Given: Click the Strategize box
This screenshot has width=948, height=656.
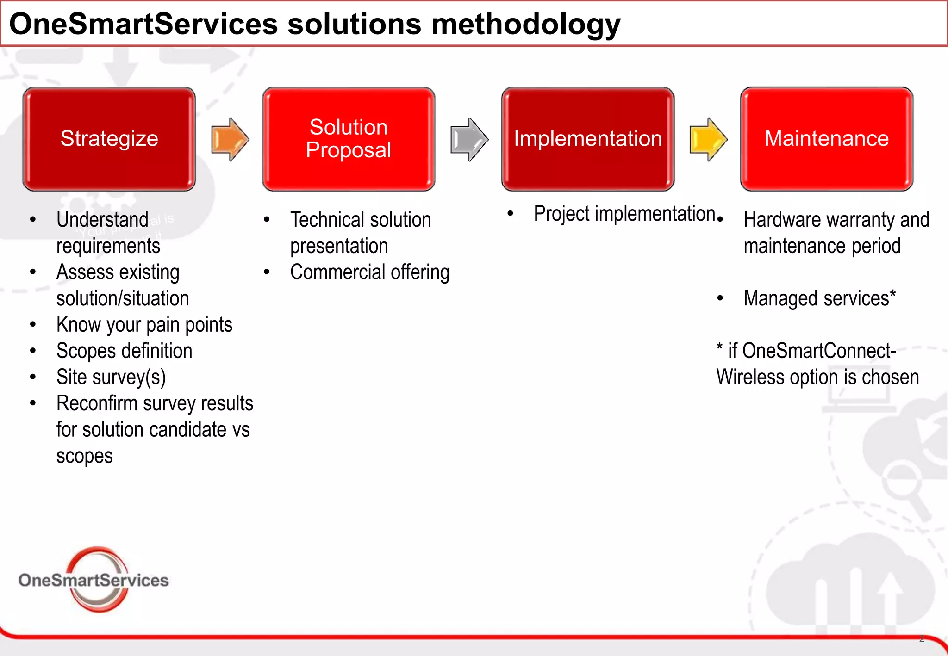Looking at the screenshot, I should click(109, 139).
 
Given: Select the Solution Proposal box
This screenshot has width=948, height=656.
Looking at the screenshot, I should click(348, 139).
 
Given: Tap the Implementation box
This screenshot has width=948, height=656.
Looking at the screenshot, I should click(587, 139).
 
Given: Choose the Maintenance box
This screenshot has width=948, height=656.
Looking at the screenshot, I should click(826, 139).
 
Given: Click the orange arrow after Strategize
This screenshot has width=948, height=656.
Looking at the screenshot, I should click(230, 139).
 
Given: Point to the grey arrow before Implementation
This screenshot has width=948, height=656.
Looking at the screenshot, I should click(469, 139).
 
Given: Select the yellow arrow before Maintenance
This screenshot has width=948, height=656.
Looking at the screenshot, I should click(708, 139).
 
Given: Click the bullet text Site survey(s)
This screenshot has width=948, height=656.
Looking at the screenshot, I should click(111, 377).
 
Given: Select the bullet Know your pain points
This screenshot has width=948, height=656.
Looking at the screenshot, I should click(144, 325).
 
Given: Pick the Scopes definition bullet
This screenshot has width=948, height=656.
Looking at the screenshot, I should click(124, 351).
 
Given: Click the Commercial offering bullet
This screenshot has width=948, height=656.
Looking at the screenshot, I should click(369, 272).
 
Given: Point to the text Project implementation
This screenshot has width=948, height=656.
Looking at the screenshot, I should click(624, 214).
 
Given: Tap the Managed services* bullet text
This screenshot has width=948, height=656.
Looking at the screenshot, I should click(819, 298).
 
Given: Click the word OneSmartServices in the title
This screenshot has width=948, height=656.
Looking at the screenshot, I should click(143, 24).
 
